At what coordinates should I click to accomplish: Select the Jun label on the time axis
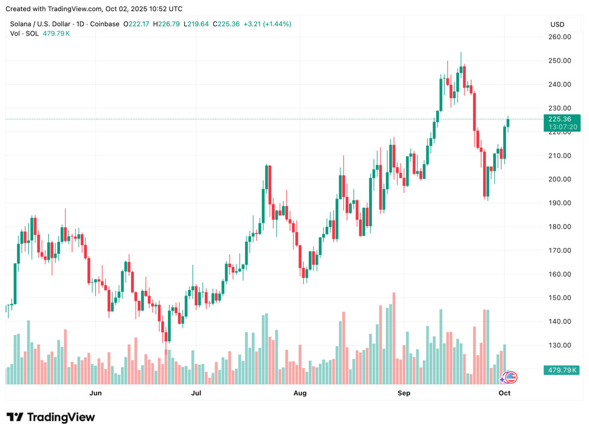pos(96,393)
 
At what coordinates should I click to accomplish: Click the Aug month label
pos(299,393)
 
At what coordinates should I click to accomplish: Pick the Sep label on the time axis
pos(403,393)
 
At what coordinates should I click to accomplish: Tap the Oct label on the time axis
pos(505,393)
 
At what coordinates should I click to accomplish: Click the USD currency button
pos(557,25)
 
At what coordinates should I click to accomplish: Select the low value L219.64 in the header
pos(197,24)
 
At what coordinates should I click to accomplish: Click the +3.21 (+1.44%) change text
pos(268,24)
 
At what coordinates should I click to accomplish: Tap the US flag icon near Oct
pos(511,377)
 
